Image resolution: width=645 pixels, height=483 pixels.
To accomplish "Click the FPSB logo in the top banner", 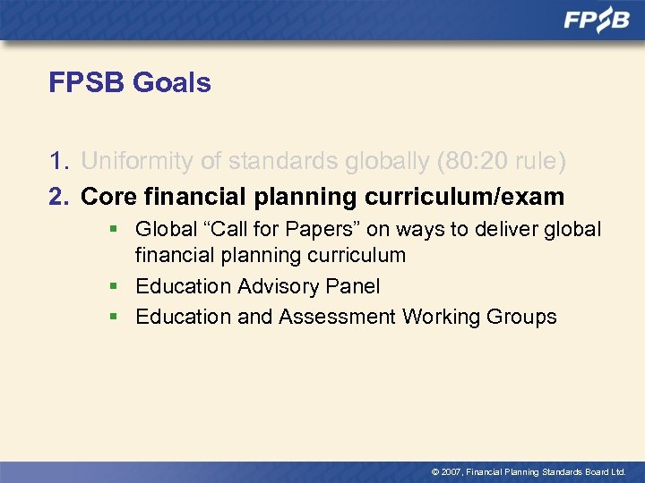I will [x=597, y=21].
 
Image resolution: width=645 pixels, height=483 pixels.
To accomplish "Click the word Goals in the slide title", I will [x=172, y=83].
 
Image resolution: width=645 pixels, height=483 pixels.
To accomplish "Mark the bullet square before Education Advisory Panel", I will [x=114, y=286].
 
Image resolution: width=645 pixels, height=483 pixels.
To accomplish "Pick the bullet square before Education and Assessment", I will [x=114, y=317].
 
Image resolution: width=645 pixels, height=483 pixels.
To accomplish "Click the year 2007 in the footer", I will [x=449, y=471].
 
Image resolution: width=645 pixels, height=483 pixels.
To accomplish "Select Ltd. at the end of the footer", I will [x=616, y=471].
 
